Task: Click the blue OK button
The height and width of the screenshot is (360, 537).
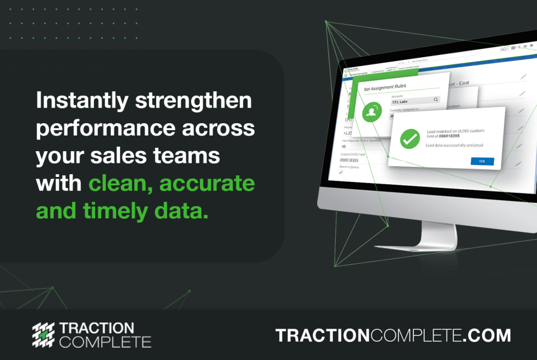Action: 482,161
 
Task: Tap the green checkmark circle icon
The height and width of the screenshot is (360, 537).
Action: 411,138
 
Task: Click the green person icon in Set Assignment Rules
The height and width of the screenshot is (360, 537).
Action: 370,113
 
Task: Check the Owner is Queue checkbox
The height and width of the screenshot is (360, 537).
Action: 341,173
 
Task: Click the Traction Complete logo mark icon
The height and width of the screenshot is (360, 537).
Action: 43,335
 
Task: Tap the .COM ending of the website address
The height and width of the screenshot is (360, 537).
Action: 487,335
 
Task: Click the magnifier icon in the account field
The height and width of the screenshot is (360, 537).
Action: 436,99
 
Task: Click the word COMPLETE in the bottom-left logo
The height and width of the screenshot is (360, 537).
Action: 105,342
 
